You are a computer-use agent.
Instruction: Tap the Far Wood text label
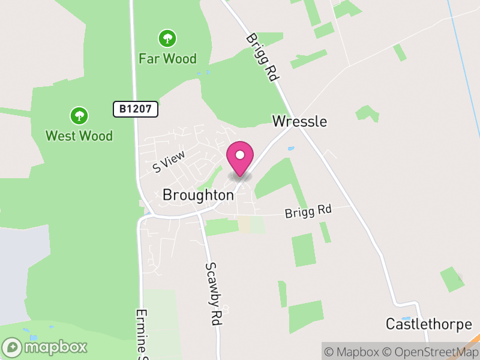167,58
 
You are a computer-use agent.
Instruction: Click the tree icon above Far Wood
167,39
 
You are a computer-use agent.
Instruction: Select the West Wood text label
79,136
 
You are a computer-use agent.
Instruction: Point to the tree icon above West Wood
79,115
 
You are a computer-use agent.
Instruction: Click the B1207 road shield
136,109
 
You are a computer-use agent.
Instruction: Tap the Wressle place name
299,121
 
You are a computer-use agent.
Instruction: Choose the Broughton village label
197,195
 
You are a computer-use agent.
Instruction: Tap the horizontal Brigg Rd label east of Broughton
308,211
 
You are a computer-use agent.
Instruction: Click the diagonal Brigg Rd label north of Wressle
263,56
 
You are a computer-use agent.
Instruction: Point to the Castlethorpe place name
428,325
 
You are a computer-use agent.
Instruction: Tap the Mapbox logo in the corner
46,347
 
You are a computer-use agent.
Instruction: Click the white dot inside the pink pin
240,155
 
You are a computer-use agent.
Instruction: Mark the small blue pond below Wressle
292,148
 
